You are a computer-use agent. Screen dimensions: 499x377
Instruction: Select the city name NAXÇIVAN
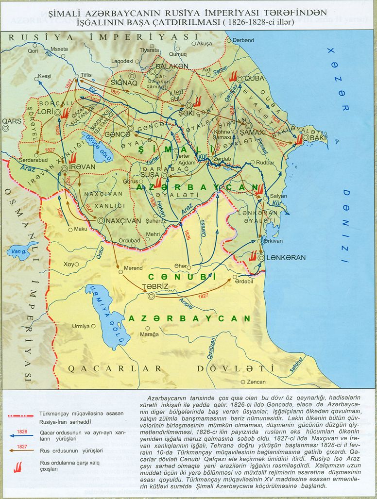123,220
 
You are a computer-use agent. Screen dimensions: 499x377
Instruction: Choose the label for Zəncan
257,382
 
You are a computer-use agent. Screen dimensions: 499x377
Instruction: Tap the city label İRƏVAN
81,168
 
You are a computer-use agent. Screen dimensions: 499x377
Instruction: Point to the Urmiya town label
81,326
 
